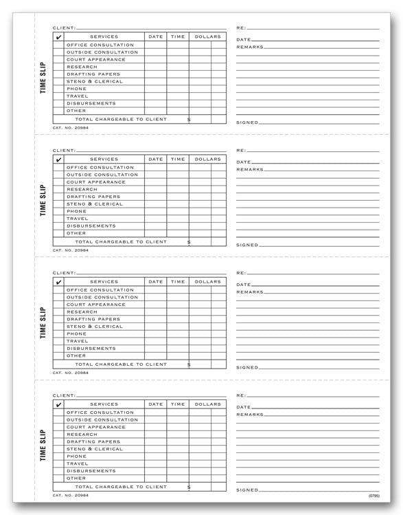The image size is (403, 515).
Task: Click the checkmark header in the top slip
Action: pyautogui.click(x=58, y=37)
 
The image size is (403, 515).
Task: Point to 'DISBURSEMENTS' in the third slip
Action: pyautogui.click(x=91, y=349)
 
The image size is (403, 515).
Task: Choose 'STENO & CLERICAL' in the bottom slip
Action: pyautogui.click(x=95, y=449)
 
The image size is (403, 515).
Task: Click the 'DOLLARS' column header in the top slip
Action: pyautogui.click(x=207, y=36)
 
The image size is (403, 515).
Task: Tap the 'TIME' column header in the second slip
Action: pyautogui.click(x=178, y=159)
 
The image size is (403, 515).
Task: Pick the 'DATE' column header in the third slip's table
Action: pyautogui.click(x=156, y=281)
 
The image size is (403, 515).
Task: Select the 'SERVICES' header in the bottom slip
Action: pyautogui.click(x=104, y=404)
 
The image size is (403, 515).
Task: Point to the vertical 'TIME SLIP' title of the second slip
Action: pyautogui.click(x=43, y=200)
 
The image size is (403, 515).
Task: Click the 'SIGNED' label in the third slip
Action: pyautogui.click(x=246, y=368)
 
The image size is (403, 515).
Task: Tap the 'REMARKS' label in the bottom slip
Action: pyautogui.click(x=249, y=415)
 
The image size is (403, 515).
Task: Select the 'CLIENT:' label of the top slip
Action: pyautogui.click(x=64, y=28)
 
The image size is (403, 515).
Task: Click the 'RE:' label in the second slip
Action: pyautogui.click(x=241, y=150)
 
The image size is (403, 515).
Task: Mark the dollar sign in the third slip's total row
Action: pyautogui.click(x=189, y=364)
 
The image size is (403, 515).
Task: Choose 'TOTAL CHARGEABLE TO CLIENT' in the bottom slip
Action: pyautogui.click(x=121, y=487)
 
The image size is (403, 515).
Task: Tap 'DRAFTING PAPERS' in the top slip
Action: pyautogui.click(x=93, y=74)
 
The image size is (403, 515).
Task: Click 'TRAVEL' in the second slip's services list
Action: pyautogui.click(x=77, y=219)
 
